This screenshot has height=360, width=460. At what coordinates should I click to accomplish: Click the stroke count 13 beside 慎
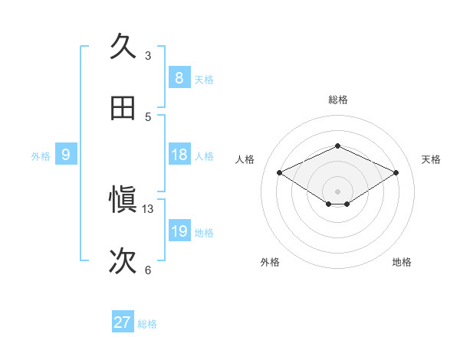[148, 208]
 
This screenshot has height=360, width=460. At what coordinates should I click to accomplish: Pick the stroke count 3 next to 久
[148, 55]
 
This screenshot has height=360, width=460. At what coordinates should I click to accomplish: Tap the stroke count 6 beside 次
[148, 270]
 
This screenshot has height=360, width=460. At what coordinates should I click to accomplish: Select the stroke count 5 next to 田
[148, 116]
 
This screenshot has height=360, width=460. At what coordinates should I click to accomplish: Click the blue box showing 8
[179, 78]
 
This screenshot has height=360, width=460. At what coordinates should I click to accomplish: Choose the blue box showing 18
[179, 155]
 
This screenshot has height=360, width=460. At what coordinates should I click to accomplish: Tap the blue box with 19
[179, 231]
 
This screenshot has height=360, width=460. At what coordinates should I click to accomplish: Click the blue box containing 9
[66, 155]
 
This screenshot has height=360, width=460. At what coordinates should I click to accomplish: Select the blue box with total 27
[123, 322]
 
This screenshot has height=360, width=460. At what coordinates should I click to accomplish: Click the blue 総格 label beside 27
[147, 324]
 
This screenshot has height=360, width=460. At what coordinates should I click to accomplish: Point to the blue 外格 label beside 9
[41, 156]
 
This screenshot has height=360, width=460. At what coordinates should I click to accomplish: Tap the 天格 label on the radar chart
[431, 159]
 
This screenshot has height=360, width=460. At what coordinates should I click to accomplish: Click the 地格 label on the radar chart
[402, 262]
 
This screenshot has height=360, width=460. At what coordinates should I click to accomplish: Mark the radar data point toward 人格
[280, 173]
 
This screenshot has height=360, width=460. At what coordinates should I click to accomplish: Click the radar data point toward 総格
[337, 146]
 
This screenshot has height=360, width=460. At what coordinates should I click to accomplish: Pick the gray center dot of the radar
[337, 190]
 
